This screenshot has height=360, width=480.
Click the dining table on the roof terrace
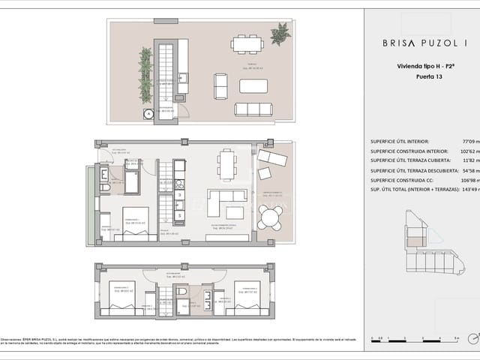click(247, 44)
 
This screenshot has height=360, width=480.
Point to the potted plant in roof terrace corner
click(280, 33)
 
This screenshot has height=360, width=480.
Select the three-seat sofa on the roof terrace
click(253, 109)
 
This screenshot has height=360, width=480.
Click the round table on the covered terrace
click(269, 217)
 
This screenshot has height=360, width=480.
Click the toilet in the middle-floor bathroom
click(105, 187)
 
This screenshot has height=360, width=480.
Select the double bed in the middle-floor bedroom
click(136, 223)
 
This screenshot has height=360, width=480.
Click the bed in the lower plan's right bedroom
click(247, 297)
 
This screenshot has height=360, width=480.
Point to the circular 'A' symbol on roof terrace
click(148, 114)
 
